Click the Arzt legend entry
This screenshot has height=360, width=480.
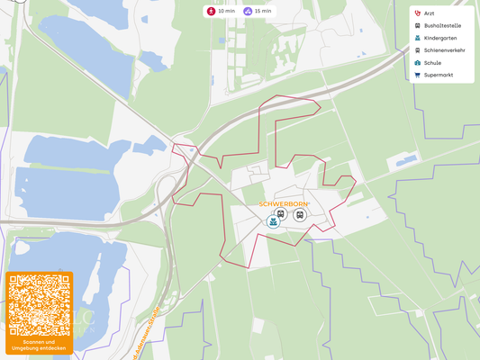click(429, 13)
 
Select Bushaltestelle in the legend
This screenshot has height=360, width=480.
click(442, 26)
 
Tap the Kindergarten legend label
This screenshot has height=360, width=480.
click(440, 38)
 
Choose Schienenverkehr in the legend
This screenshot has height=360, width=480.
click(444, 50)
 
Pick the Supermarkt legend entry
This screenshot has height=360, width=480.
click(439, 75)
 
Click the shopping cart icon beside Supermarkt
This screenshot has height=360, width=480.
click(417, 75)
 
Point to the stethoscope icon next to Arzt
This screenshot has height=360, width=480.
click(417, 13)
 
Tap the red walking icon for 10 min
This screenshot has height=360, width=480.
click(211, 11)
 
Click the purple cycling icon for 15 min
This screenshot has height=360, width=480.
click(248, 11)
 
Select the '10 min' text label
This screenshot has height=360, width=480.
click(226, 11)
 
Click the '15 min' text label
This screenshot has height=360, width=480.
click(263, 11)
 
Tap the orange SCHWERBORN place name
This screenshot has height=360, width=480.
click(284, 204)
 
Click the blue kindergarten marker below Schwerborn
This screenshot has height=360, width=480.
click(273, 221)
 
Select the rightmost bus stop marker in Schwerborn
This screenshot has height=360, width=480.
click(300, 214)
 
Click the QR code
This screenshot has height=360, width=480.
click(39, 305)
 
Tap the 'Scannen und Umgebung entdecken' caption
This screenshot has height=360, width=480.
click(39, 345)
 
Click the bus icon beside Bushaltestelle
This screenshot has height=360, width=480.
click(417, 26)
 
